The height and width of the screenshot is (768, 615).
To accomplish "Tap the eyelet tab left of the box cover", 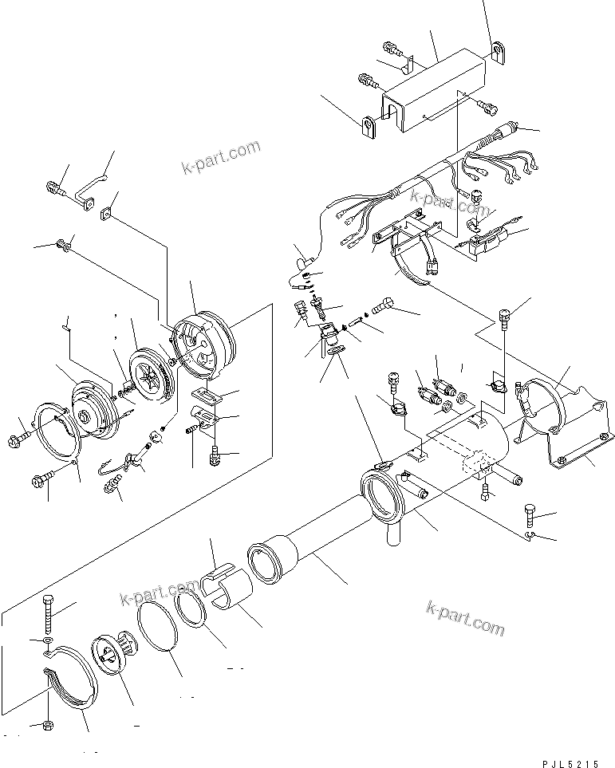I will [369, 127].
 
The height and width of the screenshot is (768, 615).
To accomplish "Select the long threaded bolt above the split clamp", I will [47, 613].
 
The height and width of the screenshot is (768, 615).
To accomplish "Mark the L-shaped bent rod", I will [89, 188].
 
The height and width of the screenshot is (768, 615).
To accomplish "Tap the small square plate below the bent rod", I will [104, 213].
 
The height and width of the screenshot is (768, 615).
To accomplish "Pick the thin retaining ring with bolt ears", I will [56, 434].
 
